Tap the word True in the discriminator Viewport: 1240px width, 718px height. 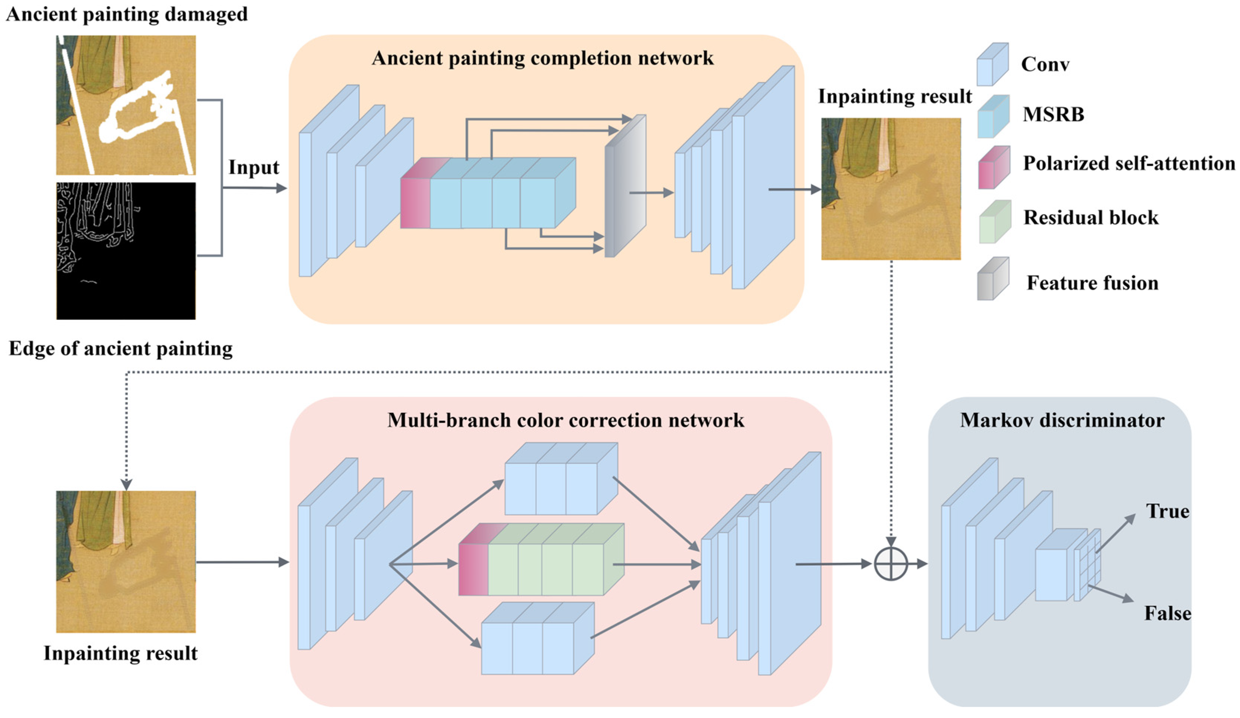click(1168, 511)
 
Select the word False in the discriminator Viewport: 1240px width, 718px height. click(1167, 613)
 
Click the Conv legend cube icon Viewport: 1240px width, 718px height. click(992, 64)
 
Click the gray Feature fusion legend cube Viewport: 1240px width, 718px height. click(993, 278)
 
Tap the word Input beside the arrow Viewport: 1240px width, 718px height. click(254, 168)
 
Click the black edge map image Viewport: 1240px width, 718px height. click(126, 251)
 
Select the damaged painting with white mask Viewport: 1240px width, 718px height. click(126, 105)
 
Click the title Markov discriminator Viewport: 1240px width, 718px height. click(1062, 420)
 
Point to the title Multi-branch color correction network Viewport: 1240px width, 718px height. click(565, 420)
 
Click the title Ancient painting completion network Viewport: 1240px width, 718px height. click(542, 58)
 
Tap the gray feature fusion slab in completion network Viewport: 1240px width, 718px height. click(625, 186)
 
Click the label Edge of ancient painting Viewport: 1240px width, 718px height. click(120, 349)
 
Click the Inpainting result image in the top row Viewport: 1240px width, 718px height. click(891, 189)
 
